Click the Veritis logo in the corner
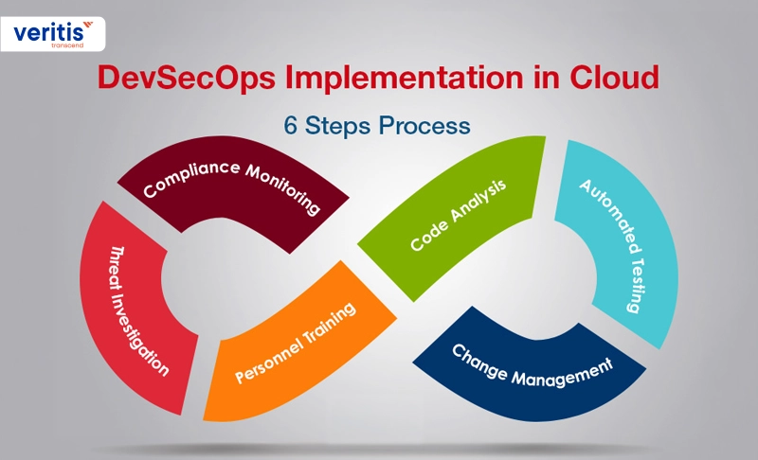click(x=53, y=34)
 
